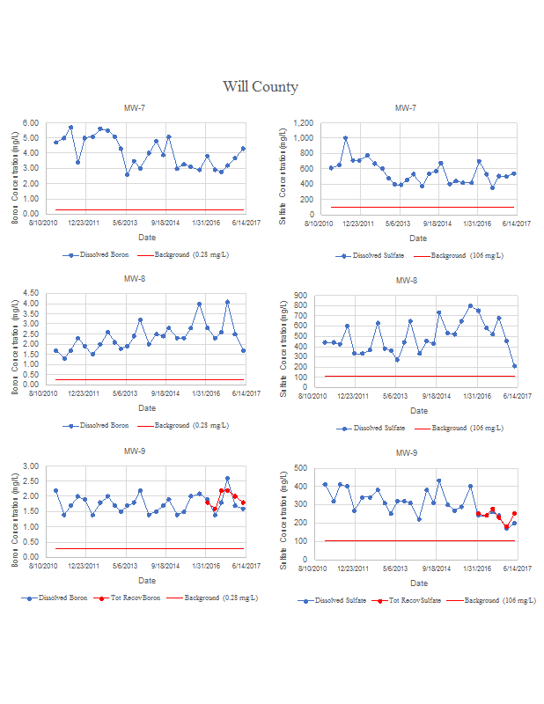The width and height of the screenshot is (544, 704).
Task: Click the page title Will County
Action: (x=260, y=86)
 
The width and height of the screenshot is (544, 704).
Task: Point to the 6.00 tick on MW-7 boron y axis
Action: (x=31, y=123)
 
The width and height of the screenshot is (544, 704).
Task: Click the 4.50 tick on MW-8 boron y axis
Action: (x=31, y=293)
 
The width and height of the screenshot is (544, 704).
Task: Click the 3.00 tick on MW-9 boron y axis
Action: (x=31, y=466)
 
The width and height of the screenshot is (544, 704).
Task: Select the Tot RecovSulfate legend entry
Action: (x=407, y=600)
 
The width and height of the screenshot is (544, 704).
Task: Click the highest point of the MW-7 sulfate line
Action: (x=345, y=138)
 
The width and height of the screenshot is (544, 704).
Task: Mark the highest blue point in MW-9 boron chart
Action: (x=227, y=479)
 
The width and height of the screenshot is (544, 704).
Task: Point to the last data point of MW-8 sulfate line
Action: (x=514, y=366)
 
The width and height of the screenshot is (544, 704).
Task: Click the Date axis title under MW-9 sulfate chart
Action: (x=419, y=583)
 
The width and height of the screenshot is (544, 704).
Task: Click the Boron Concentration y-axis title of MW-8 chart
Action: (x=16, y=339)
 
